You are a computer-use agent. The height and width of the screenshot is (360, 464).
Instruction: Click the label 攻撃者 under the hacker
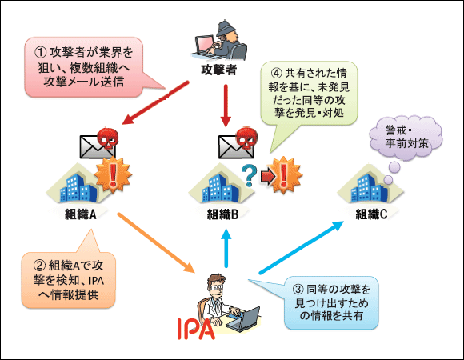click(x=218, y=70)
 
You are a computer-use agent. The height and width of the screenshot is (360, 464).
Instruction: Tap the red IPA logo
click(x=196, y=329)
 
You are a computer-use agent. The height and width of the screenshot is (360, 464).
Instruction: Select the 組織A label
click(x=81, y=214)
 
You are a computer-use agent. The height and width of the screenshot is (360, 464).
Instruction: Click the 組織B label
click(x=222, y=214)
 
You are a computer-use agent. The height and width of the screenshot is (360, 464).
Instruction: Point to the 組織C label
click(x=371, y=214)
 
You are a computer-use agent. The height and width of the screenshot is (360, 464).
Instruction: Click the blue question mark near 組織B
click(x=249, y=175)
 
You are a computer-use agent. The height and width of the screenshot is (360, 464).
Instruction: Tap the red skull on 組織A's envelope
click(x=108, y=138)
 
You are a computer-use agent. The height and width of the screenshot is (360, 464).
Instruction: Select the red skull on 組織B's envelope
click(x=246, y=138)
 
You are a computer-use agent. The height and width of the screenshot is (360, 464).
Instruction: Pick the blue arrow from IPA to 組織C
click(x=302, y=247)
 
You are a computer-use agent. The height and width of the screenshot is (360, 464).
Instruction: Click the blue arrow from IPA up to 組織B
click(x=226, y=248)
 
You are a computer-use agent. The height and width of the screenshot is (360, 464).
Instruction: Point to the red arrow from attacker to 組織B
click(x=226, y=106)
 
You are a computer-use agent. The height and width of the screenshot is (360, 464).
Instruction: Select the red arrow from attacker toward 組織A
click(x=155, y=102)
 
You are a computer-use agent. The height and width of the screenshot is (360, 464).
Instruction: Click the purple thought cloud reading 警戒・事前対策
click(x=406, y=138)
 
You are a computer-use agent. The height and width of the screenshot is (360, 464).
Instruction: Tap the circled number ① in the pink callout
click(x=41, y=52)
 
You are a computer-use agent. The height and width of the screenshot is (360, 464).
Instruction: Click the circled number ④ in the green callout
click(x=276, y=73)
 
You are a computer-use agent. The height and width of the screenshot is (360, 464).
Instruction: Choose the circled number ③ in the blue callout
click(x=298, y=289)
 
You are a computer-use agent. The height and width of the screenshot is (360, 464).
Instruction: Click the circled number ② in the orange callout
click(x=40, y=265)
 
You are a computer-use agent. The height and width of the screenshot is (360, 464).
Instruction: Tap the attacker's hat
click(x=226, y=28)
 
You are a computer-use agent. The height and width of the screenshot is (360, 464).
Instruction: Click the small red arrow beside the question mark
click(x=268, y=177)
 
